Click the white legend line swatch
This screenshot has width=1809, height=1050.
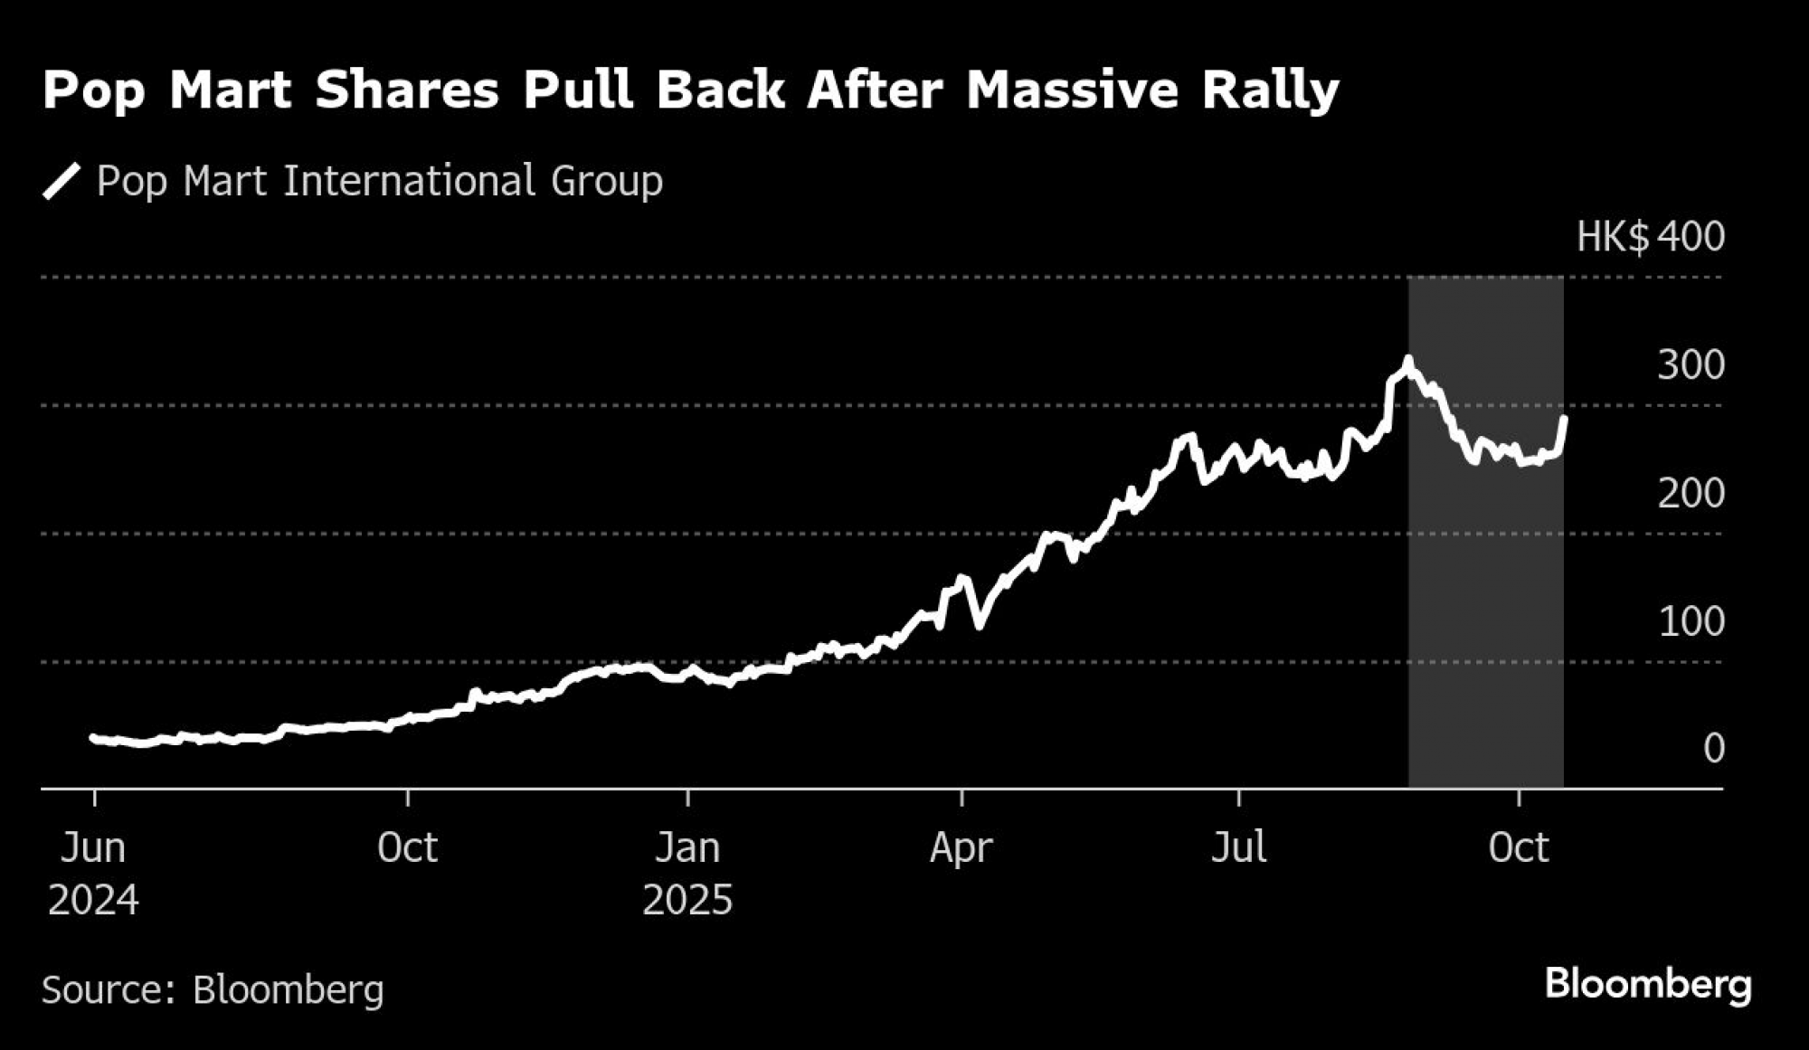click(x=62, y=181)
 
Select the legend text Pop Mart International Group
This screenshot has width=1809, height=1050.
click(x=379, y=181)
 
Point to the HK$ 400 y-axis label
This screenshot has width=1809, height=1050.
click(x=1650, y=237)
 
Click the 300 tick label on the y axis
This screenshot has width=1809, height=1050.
click(x=1691, y=365)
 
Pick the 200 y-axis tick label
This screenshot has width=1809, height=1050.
click(x=1691, y=494)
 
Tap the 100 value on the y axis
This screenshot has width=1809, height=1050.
click(x=1691, y=622)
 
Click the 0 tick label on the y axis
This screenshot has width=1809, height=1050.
click(x=1713, y=749)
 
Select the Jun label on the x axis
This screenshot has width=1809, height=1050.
click(x=93, y=848)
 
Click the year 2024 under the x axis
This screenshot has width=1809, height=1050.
click(x=93, y=901)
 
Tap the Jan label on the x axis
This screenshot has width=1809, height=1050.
click(x=687, y=848)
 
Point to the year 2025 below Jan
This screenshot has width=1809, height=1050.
click(x=687, y=901)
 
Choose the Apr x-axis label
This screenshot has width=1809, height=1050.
click(x=961, y=848)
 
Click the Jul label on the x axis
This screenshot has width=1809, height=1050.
click(x=1238, y=848)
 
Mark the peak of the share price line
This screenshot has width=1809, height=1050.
click(x=1407, y=361)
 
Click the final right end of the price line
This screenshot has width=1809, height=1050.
click(x=1565, y=418)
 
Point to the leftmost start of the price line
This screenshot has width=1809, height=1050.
click(x=92, y=737)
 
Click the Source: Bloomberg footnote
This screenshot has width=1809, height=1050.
click(x=213, y=989)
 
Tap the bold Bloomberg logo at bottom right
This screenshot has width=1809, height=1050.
click(x=1648, y=984)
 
